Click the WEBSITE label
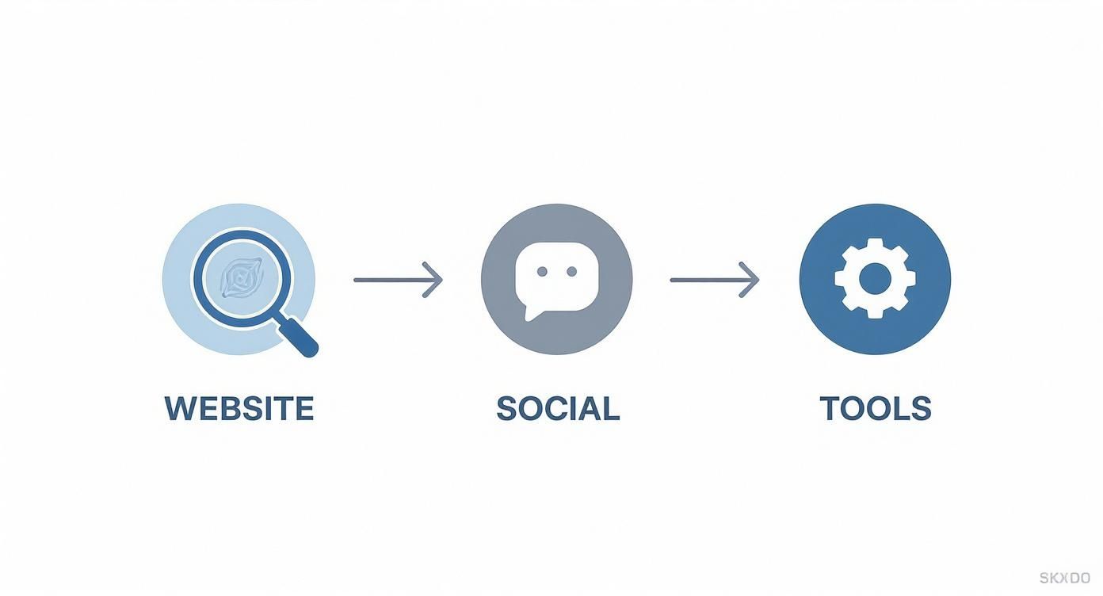coord(239,409)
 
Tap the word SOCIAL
coord(557,409)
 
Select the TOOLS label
coord(875,409)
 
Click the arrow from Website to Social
coord(397,280)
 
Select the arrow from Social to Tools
coord(714,280)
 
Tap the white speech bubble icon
coord(556,277)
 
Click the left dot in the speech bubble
coord(542,272)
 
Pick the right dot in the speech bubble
coord(571,272)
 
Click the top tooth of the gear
coord(875,245)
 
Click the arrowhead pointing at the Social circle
coord(433,280)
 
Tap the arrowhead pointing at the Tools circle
coord(750,280)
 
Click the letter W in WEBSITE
coord(178,409)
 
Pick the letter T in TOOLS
coord(830,409)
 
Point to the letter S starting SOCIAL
coord(506,409)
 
